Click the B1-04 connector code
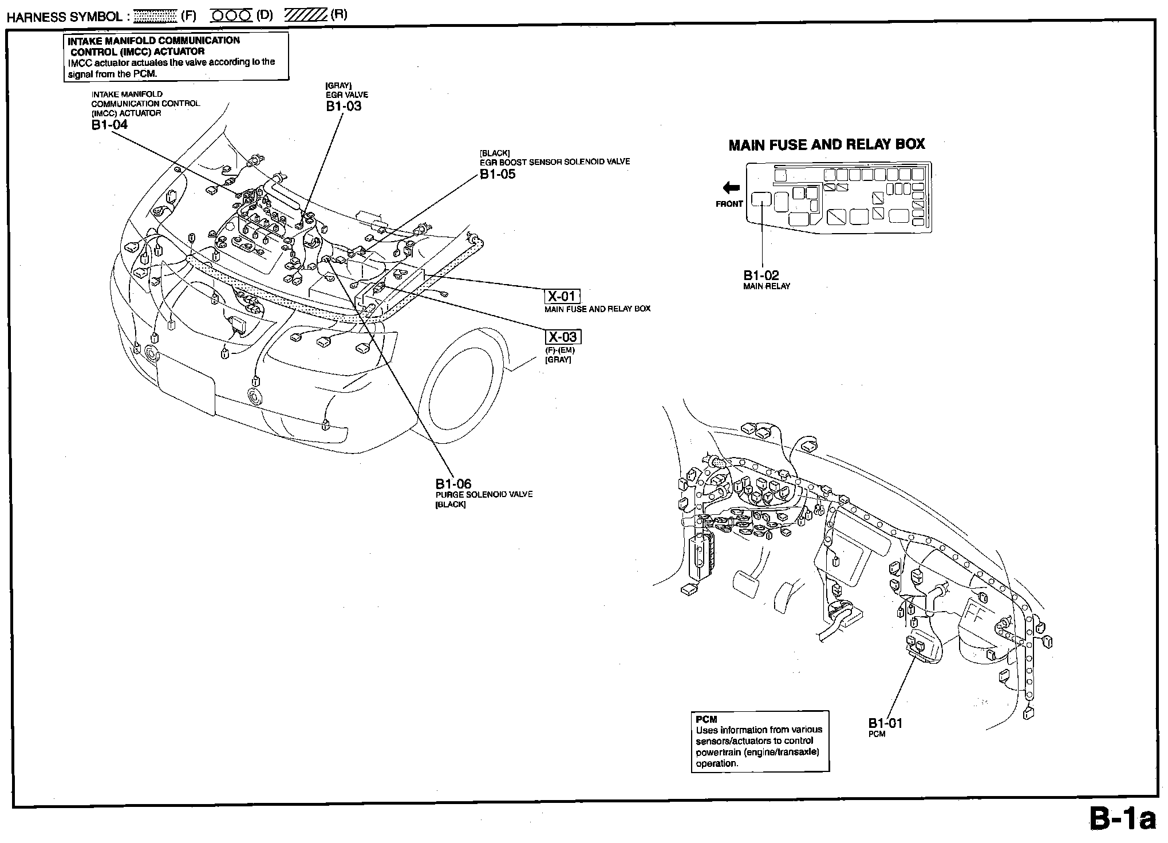click(x=109, y=125)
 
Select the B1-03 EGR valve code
click(x=344, y=106)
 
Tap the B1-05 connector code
click(x=498, y=174)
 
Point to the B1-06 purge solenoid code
click(x=453, y=484)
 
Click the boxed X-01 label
click(x=562, y=296)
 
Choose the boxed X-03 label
click(x=562, y=337)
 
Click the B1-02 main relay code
click(x=761, y=275)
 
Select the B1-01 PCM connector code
click(x=885, y=723)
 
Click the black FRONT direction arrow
click(x=731, y=187)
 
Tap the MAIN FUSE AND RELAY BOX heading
click(x=826, y=144)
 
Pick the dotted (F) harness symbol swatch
click(x=155, y=16)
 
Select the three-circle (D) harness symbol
click(x=231, y=16)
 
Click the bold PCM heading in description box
click(x=707, y=719)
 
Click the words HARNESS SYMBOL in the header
click(x=64, y=17)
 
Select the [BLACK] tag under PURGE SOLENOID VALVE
click(x=451, y=505)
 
